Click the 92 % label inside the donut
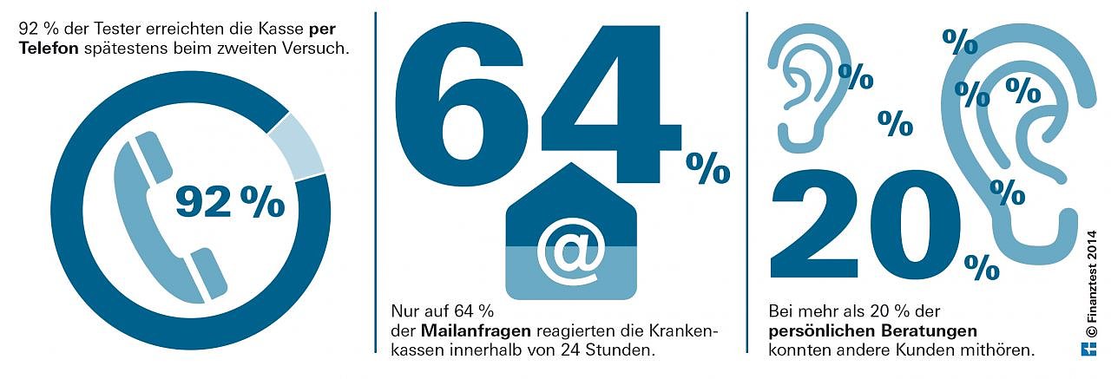point(230,202)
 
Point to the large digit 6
point(460,108)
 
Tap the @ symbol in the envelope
point(570,249)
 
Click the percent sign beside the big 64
point(708,168)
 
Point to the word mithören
point(1004,350)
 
